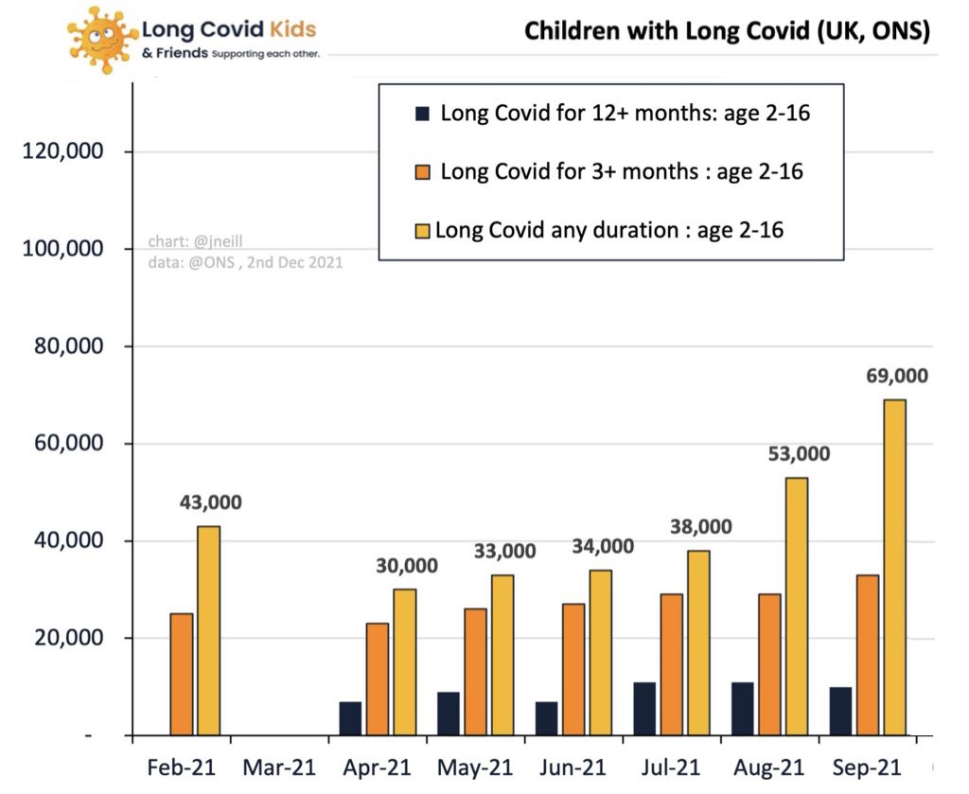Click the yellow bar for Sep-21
(x=894, y=568)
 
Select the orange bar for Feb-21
(x=182, y=674)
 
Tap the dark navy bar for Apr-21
(x=350, y=718)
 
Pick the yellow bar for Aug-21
(x=797, y=606)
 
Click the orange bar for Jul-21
(x=672, y=664)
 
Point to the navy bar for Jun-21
(x=546, y=718)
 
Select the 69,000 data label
(x=897, y=376)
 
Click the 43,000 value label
(x=210, y=503)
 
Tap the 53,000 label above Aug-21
(x=798, y=453)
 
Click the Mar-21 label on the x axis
(x=278, y=766)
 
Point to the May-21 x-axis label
(x=473, y=766)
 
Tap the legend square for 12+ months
(x=422, y=115)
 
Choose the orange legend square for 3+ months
(x=422, y=172)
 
